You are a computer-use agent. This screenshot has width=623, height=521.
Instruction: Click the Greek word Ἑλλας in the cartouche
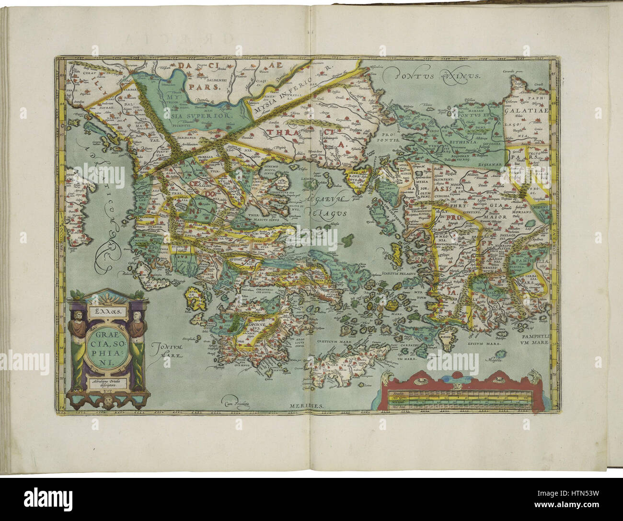pos(108,310)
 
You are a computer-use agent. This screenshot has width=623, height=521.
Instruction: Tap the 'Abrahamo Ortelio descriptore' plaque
pos(108,383)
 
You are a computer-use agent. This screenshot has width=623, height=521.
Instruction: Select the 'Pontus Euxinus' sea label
pos(434,75)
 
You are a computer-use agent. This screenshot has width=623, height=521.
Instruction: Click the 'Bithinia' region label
pos(462,142)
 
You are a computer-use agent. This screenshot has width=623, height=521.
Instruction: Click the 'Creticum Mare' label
pos(333,342)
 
